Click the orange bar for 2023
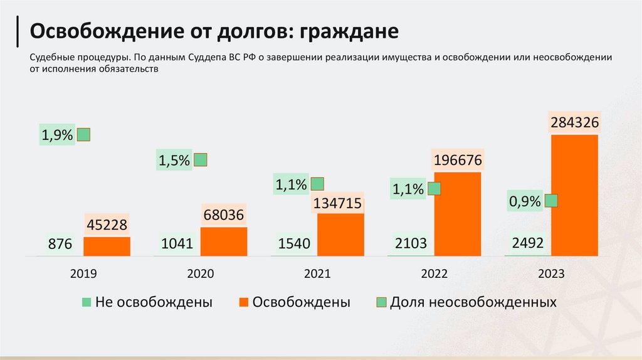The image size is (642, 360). point(575,196)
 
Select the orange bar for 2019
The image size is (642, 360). point(107,246)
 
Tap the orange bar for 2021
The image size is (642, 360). point(340,235)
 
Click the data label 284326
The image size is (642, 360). point(575,123)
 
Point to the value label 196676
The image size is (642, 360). point(458,161)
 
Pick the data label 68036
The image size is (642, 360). point(224,216)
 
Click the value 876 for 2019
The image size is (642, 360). point(60,244)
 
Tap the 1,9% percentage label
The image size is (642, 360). point(58,134)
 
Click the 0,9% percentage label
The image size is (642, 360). point(525,201)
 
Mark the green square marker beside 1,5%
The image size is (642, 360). point(201,160)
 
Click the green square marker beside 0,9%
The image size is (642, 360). point(552,201)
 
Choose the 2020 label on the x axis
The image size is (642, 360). point(201,274)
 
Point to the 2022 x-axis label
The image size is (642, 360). point(434,274)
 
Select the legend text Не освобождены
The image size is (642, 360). point(154,302)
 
